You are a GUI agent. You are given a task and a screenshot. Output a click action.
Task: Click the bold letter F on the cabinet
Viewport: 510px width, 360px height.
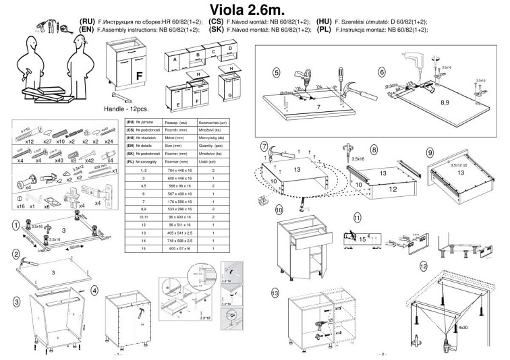pos(139,76)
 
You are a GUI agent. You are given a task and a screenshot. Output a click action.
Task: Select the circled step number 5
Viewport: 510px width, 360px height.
pos(275,72)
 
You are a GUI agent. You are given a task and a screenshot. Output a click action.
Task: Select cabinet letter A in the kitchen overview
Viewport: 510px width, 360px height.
pos(175,59)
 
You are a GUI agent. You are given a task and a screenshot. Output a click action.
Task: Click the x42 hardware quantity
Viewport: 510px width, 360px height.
pos(88,162)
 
